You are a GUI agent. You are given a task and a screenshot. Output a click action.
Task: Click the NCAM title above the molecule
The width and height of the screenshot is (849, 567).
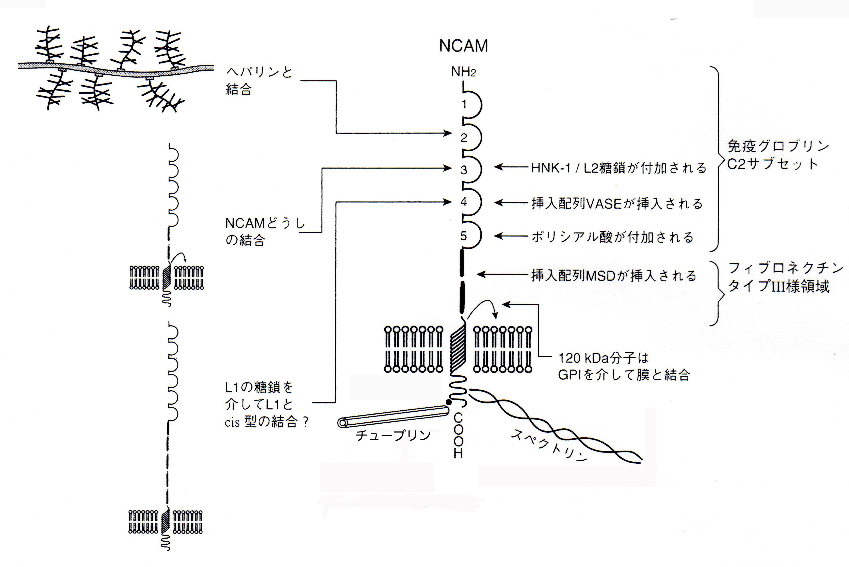pyautogui.click(x=463, y=46)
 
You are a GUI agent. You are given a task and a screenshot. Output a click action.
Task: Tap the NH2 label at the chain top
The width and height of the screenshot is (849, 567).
pyautogui.click(x=463, y=72)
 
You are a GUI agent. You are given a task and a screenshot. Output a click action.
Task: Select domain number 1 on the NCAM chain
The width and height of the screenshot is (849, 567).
pyautogui.click(x=464, y=105)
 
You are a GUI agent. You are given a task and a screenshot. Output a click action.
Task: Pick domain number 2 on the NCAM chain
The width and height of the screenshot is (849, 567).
pyautogui.click(x=464, y=137)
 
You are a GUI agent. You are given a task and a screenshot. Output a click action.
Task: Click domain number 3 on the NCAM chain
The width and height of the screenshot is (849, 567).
pyautogui.click(x=464, y=170)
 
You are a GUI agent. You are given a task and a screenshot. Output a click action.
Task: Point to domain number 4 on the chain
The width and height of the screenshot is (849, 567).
pyautogui.click(x=464, y=202)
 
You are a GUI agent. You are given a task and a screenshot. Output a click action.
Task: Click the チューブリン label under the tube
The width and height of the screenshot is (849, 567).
pyautogui.click(x=393, y=435)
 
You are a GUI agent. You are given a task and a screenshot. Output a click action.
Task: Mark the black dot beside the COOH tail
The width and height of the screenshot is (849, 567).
pyautogui.click(x=449, y=402)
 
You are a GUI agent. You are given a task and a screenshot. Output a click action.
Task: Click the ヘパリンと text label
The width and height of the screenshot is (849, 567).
pyautogui.click(x=259, y=72)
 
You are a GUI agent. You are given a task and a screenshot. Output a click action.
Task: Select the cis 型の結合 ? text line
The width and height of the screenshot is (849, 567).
pyautogui.click(x=266, y=422)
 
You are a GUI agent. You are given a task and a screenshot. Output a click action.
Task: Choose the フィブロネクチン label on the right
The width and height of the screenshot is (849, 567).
pyautogui.click(x=785, y=268)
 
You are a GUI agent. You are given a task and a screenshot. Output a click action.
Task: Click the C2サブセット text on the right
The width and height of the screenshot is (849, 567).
pyautogui.click(x=772, y=164)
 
